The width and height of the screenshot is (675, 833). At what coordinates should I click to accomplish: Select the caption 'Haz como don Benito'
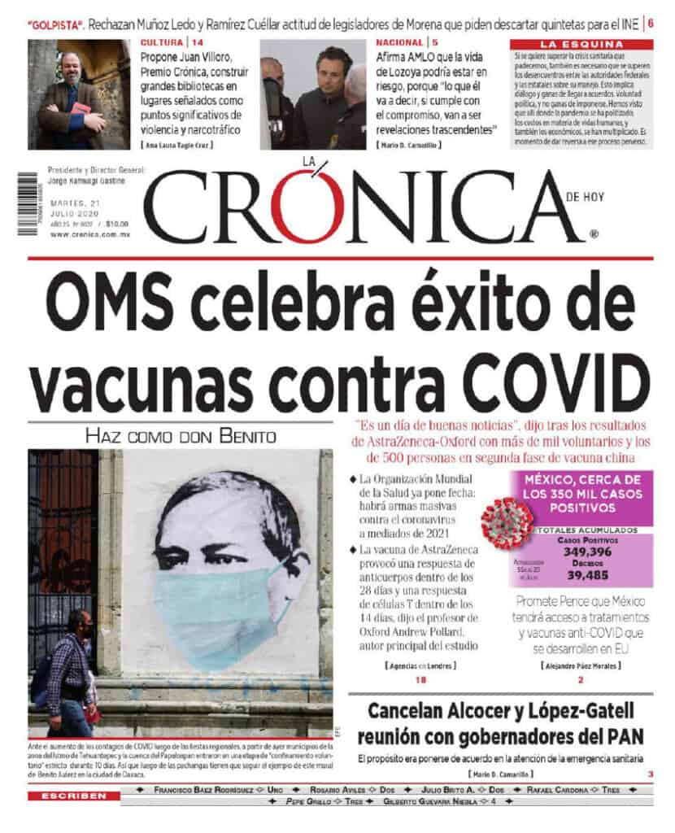181,436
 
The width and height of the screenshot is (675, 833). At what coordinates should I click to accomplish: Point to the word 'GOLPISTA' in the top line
55,24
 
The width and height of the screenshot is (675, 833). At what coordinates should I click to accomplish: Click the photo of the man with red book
78,94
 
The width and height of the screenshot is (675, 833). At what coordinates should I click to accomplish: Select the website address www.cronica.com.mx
89,234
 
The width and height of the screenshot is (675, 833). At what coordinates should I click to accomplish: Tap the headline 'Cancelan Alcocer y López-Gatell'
499,710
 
